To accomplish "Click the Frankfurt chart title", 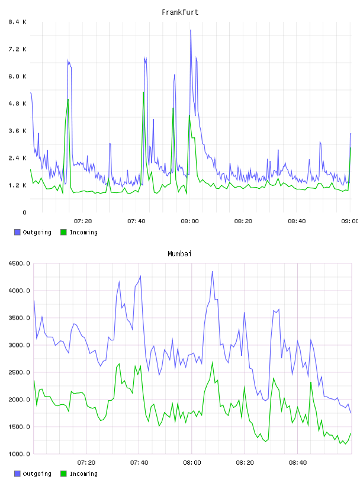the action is (x=180, y=12).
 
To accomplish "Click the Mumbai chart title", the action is (x=179, y=254).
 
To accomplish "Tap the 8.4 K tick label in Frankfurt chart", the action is (x=17, y=22).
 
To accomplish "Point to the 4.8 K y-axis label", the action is (x=17, y=104).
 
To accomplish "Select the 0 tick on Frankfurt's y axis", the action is (x=24, y=212).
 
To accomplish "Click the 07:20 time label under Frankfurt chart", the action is (x=83, y=221).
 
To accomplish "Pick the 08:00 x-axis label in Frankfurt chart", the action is (x=190, y=221).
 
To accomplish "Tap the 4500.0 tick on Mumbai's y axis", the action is (x=20, y=263).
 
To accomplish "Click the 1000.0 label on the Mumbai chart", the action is (x=20, y=454).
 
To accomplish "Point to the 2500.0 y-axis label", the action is (x=20, y=372).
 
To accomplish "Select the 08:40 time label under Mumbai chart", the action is (x=298, y=463).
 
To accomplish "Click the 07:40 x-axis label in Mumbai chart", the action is (x=139, y=463).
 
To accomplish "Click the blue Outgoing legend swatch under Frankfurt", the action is (x=17, y=232).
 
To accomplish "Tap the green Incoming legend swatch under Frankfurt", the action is (x=63, y=232).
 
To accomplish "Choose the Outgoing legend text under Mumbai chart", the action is (x=37, y=474).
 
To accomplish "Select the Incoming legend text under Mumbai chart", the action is (x=83, y=474).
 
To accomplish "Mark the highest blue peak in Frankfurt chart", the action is (x=191, y=30).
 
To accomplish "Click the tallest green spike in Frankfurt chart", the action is (x=143, y=92).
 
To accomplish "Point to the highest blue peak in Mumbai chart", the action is (x=213, y=272).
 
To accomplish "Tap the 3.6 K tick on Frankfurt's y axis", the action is (x=17, y=131).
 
